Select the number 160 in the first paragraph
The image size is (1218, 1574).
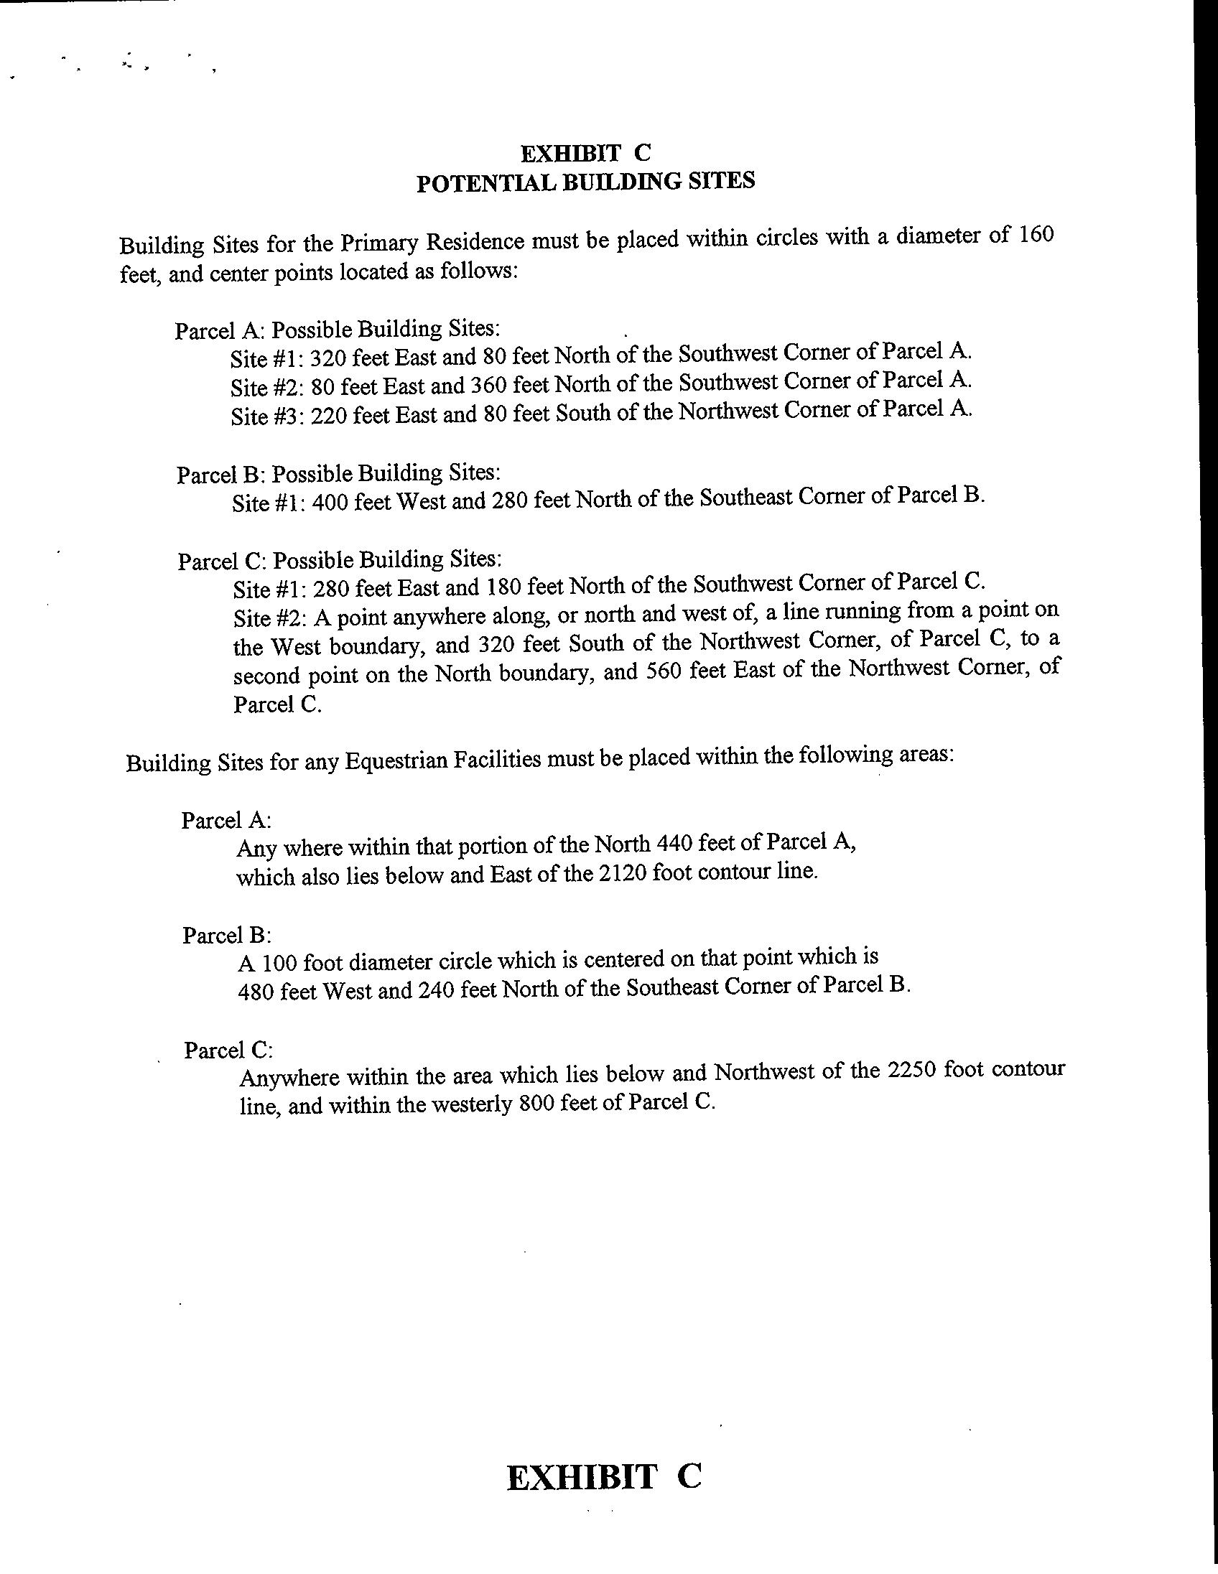[x=1036, y=236]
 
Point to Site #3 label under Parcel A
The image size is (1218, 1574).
[x=267, y=416]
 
